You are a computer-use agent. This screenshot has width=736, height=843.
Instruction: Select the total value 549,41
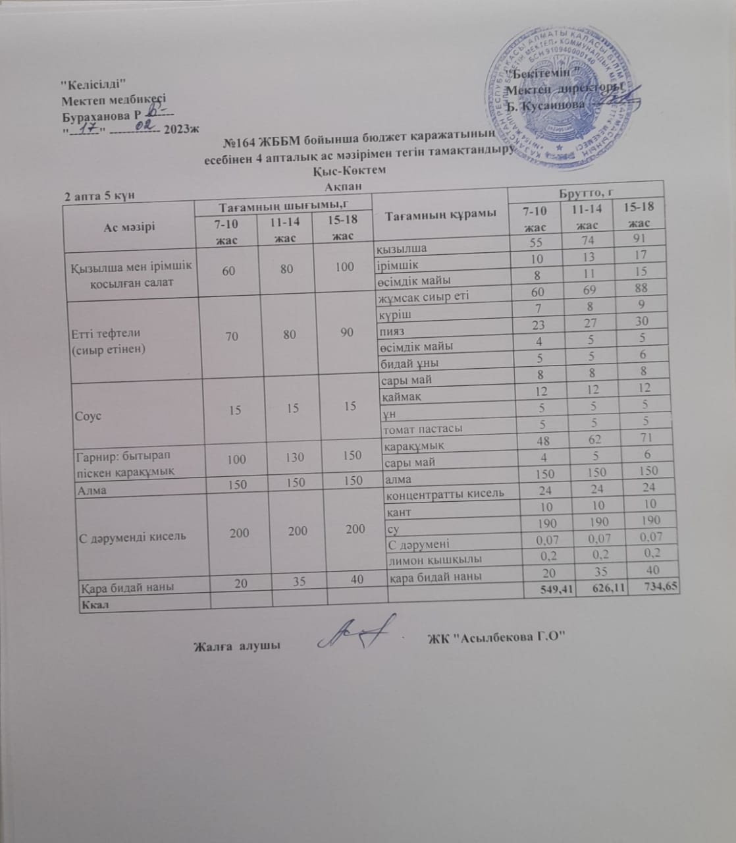548,591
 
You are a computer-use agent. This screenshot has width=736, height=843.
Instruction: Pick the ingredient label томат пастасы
421,428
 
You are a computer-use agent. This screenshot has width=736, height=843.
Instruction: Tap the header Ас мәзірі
130,227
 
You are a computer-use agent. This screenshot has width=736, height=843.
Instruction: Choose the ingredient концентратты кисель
445,493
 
